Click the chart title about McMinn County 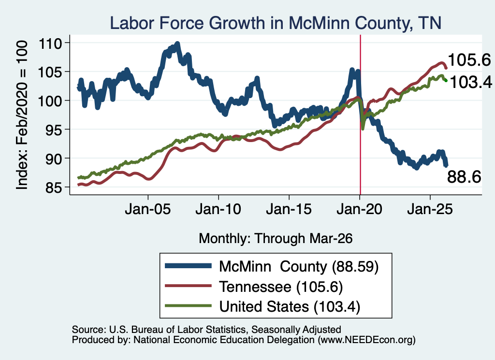pyautogui.click(x=275, y=23)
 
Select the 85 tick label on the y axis pyautogui.click(x=53, y=187)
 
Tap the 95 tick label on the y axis pyautogui.click(x=53, y=130)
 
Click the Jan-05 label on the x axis pyautogui.click(x=148, y=209)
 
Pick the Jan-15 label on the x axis pyautogui.click(x=289, y=209)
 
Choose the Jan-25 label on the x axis pyautogui.click(x=430, y=209)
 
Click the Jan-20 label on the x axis pyautogui.click(x=359, y=209)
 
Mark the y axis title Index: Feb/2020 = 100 pyautogui.click(x=22, y=115)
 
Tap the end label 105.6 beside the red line pyautogui.click(x=469, y=60)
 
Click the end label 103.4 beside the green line pyautogui.click(x=471, y=82)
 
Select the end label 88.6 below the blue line pyautogui.click(x=464, y=177)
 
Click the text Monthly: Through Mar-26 pyautogui.click(x=276, y=239)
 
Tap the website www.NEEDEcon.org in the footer pyautogui.click(x=366, y=340)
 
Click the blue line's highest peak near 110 pyautogui.click(x=177, y=43)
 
